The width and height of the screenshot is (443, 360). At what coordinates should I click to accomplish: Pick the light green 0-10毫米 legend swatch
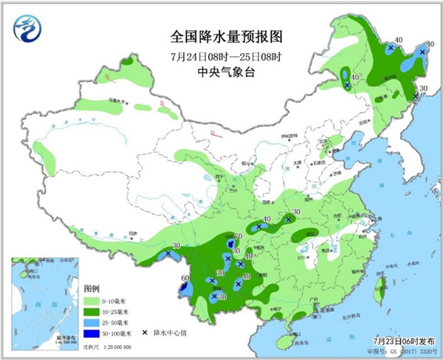(x=92, y=302)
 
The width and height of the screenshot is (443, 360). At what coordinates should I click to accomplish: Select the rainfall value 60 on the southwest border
(x=185, y=278)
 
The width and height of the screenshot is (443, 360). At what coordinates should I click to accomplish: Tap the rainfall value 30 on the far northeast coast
(x=423, y=89)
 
